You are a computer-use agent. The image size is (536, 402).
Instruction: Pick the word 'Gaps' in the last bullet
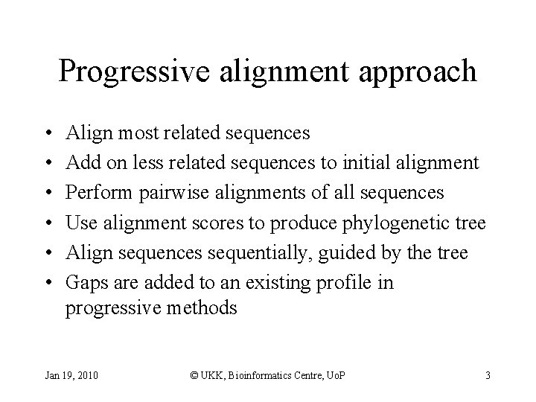click(x=84, y=283)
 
